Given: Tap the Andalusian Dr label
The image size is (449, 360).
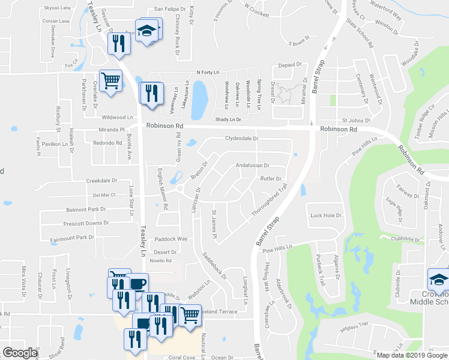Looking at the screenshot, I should [x=253, y=165].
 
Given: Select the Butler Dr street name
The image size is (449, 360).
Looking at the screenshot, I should [x=271, y=178].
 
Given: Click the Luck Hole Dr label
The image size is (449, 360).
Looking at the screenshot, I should [x=325, y=215].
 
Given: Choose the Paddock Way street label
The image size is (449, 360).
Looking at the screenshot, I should [x=171, y=239].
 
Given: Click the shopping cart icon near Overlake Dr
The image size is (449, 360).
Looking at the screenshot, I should [x=110, y=81].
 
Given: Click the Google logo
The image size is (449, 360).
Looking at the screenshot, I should [x=20, y=353].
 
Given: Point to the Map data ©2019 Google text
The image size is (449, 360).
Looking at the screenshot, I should [x=412, y=355].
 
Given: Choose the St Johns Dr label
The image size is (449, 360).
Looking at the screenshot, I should [x=354, y=120].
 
